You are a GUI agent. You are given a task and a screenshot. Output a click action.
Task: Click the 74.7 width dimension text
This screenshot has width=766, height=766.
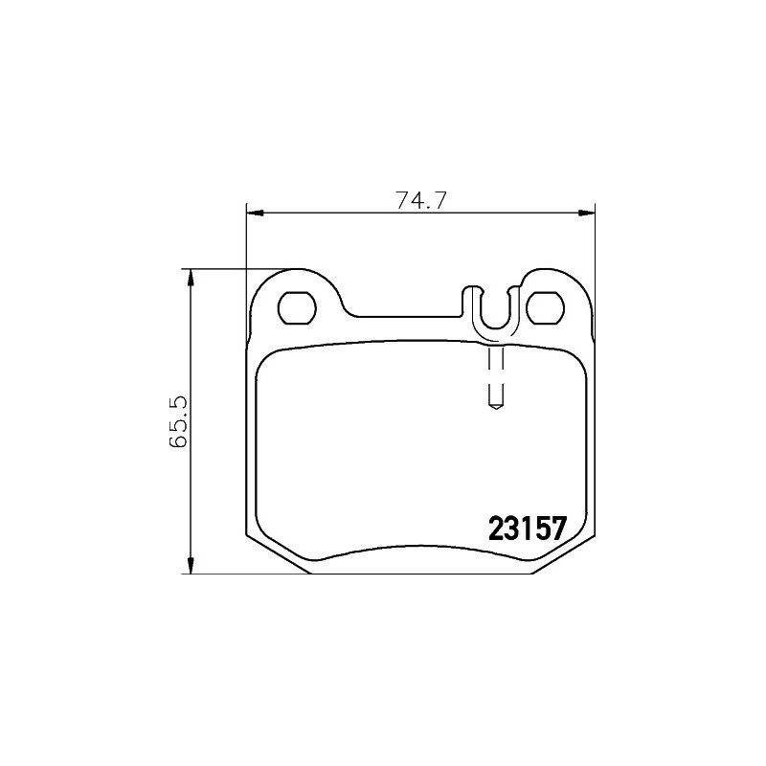[420, 200]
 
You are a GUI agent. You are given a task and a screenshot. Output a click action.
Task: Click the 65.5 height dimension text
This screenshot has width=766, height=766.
[178, 421]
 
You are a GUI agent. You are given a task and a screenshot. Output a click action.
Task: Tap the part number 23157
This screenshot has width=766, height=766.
[528, 529]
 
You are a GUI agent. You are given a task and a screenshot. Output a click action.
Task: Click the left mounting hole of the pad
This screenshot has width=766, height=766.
[297, 307]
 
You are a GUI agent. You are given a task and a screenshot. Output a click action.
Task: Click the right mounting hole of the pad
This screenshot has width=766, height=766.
[546, 307]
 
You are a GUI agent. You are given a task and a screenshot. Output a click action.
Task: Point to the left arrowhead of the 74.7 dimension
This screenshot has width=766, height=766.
[256, 213]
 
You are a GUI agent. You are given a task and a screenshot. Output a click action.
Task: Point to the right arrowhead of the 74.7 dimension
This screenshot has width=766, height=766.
[586, 213]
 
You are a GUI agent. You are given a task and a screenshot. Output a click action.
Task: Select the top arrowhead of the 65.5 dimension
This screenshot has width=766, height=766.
[191, 278]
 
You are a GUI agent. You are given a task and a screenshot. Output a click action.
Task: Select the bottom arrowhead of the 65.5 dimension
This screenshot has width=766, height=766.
[191, 565]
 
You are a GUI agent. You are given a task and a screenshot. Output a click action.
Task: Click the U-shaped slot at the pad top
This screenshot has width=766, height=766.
[495, 327]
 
